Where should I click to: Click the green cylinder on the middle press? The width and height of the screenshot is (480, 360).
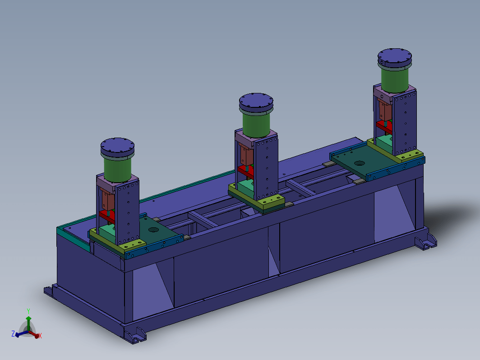tap(256, 125)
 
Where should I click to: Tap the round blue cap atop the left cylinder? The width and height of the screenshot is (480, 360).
tap(118, 148)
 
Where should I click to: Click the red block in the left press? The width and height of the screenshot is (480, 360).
tap(107, 215)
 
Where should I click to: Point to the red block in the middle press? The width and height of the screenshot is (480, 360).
tap(245, 171)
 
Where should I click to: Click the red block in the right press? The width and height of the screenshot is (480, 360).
tap(384, 126)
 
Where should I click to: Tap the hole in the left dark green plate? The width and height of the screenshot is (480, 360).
tap(154, 230)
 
